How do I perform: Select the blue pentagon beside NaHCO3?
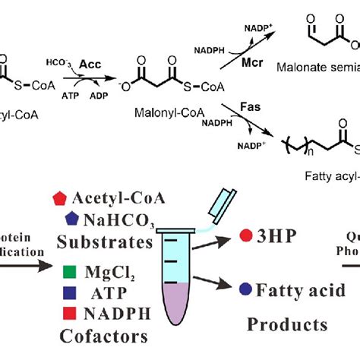[x=71, y=218]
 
